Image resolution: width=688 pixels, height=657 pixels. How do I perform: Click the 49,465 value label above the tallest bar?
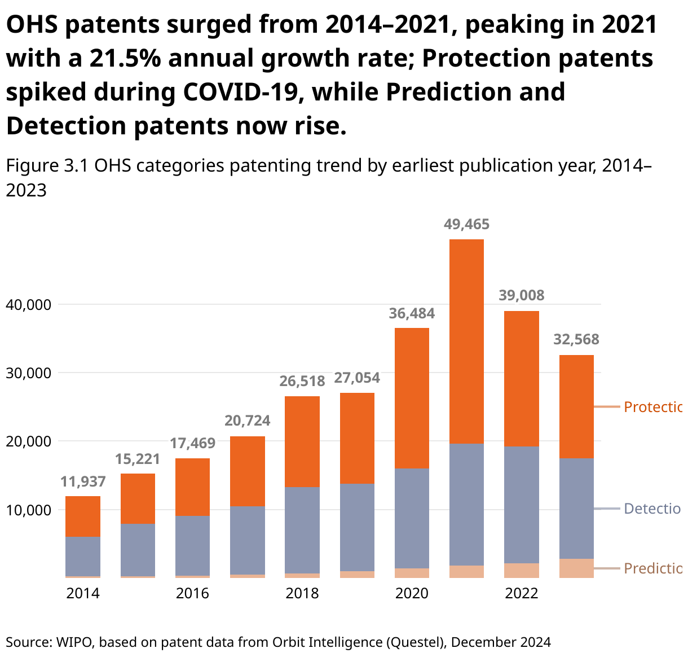point(466,225)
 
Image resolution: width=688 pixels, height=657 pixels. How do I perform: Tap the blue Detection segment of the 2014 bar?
point(83,556)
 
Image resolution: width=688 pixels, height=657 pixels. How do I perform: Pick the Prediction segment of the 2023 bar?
point(576,568)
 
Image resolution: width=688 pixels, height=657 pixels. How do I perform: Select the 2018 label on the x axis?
point(302,594)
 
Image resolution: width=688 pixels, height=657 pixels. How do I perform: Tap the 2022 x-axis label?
point(522,594)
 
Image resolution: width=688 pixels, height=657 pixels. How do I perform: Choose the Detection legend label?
point(652,509)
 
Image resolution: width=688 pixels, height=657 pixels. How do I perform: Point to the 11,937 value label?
point(83,481)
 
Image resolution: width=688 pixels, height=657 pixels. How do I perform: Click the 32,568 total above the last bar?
point(576,340)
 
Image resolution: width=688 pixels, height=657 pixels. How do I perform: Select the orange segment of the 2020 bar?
point(412,398)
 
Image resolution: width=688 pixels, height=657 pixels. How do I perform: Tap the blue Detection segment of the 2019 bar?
point(357,527)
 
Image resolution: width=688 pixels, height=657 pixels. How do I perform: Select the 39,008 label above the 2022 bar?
point(522,296)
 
